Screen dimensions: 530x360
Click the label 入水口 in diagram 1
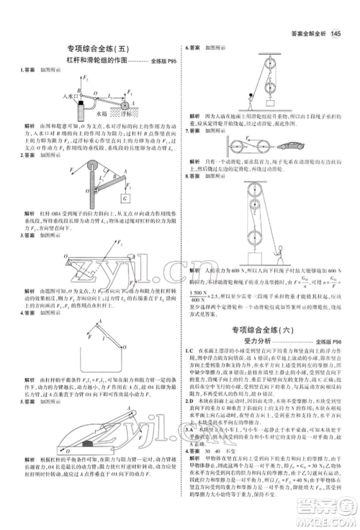pos(70,94)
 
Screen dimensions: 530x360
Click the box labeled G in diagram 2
pos(125,198)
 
